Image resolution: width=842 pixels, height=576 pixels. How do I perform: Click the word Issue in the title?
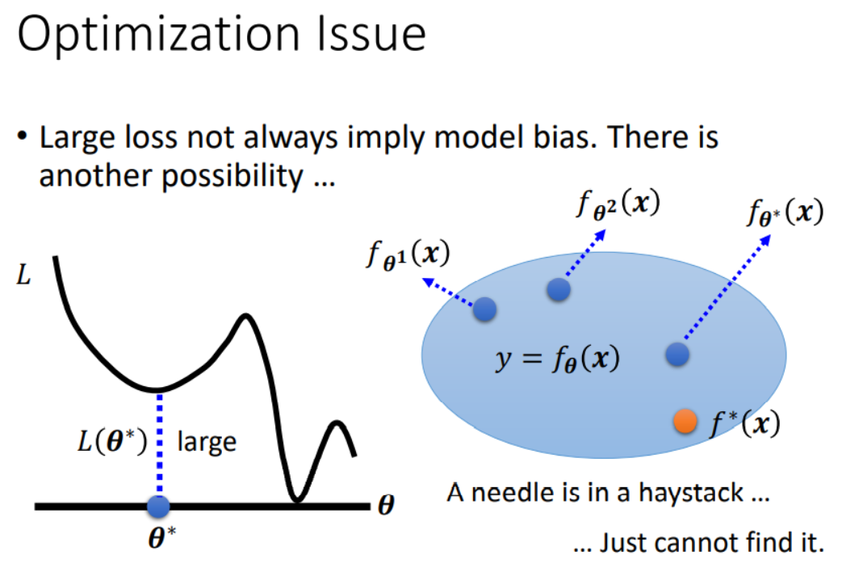point(371,33)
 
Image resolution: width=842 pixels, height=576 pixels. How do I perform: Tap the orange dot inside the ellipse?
point(685,421)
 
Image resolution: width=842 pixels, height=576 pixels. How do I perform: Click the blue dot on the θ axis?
point(158,507)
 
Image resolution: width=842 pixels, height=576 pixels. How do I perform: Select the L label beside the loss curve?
point(23,275)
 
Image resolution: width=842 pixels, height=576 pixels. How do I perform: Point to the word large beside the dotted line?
point(207,442)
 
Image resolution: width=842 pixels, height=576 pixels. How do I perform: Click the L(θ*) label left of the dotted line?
point(112,442)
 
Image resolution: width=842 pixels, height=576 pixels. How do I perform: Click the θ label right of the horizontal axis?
point(386,505)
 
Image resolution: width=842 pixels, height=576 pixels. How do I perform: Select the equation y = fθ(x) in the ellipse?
point(557,359)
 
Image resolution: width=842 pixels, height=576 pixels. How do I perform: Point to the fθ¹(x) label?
point(408,254)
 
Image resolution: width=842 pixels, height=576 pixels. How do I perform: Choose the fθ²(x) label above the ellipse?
point(618,205)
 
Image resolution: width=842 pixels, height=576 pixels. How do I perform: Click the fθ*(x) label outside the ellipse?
point(785,212)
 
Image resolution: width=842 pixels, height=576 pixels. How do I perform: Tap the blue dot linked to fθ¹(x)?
point(485,309)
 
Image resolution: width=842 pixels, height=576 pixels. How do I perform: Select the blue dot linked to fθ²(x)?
point(559,289)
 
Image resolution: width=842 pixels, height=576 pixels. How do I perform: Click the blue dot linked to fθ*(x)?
point(677,355)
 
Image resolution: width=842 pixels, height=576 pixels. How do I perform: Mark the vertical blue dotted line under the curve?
point(159,444)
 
